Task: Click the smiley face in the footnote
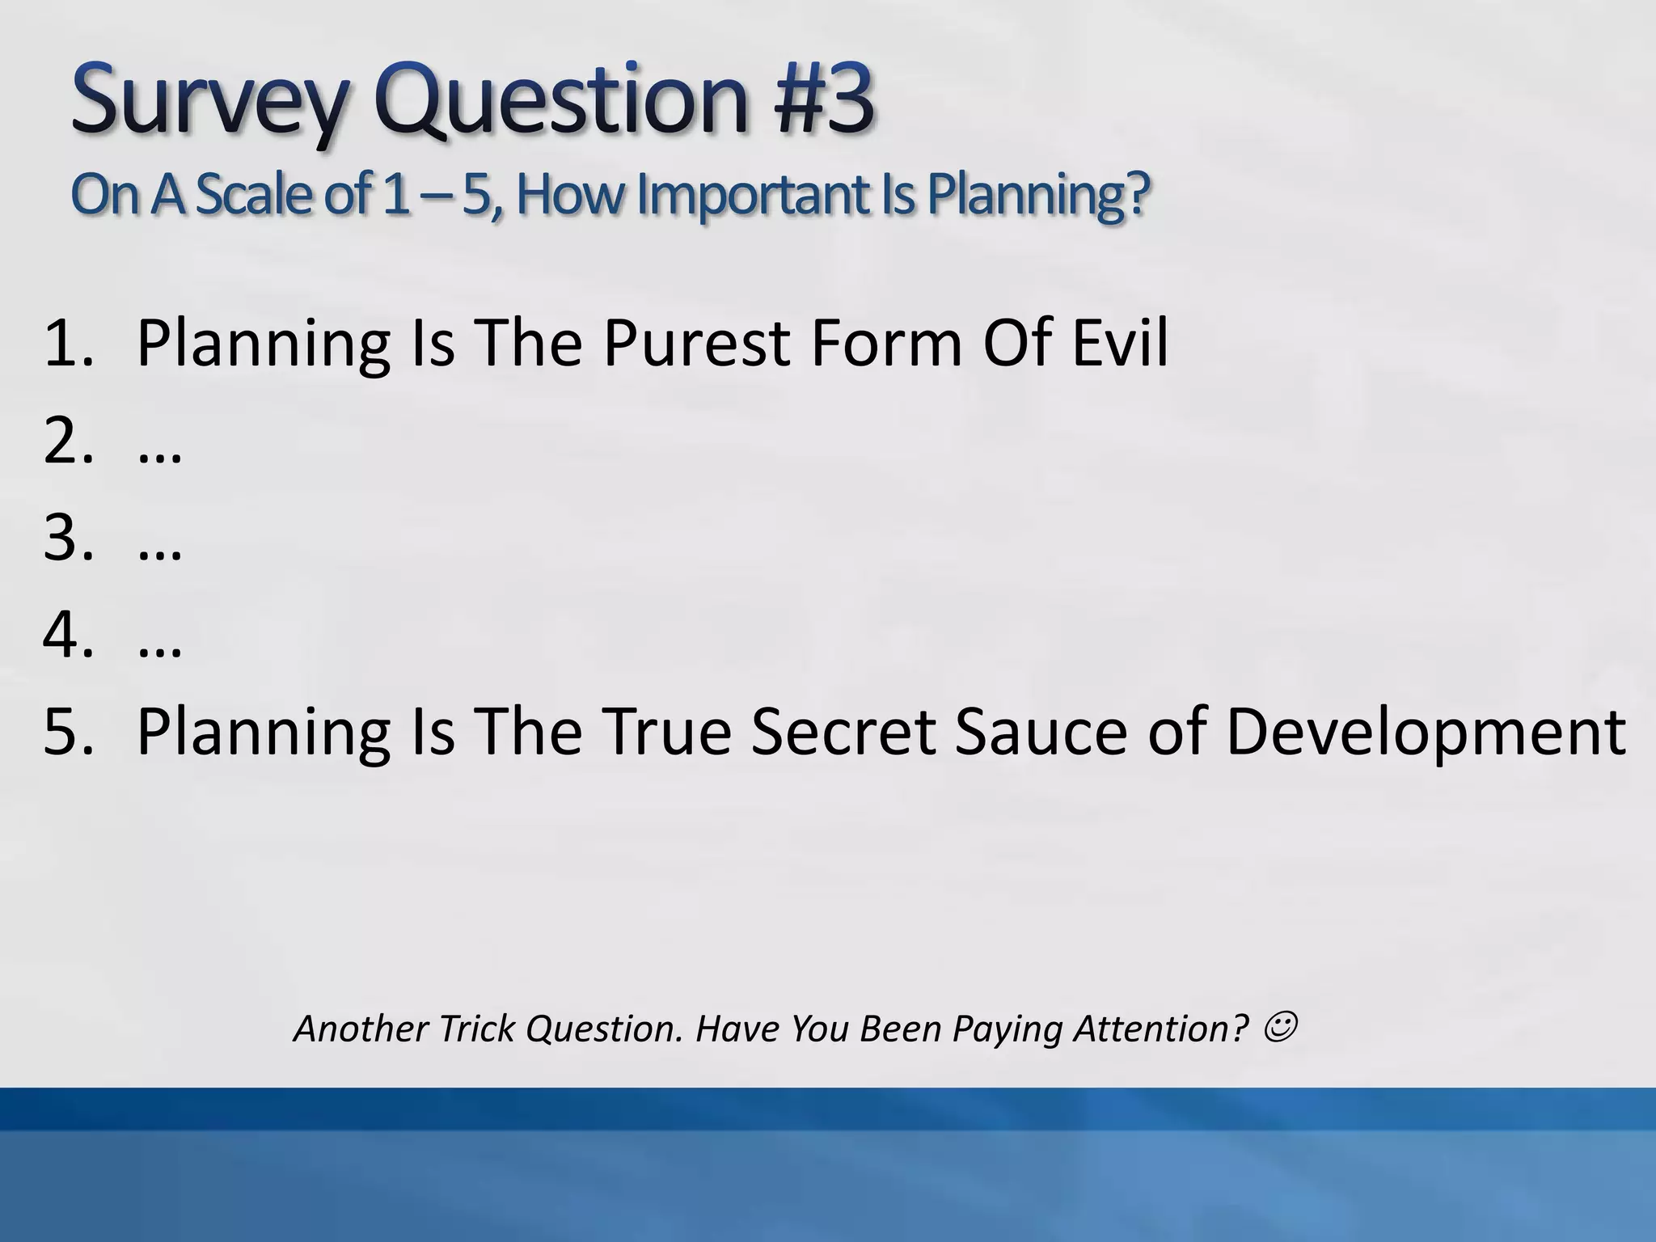1280,1028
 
